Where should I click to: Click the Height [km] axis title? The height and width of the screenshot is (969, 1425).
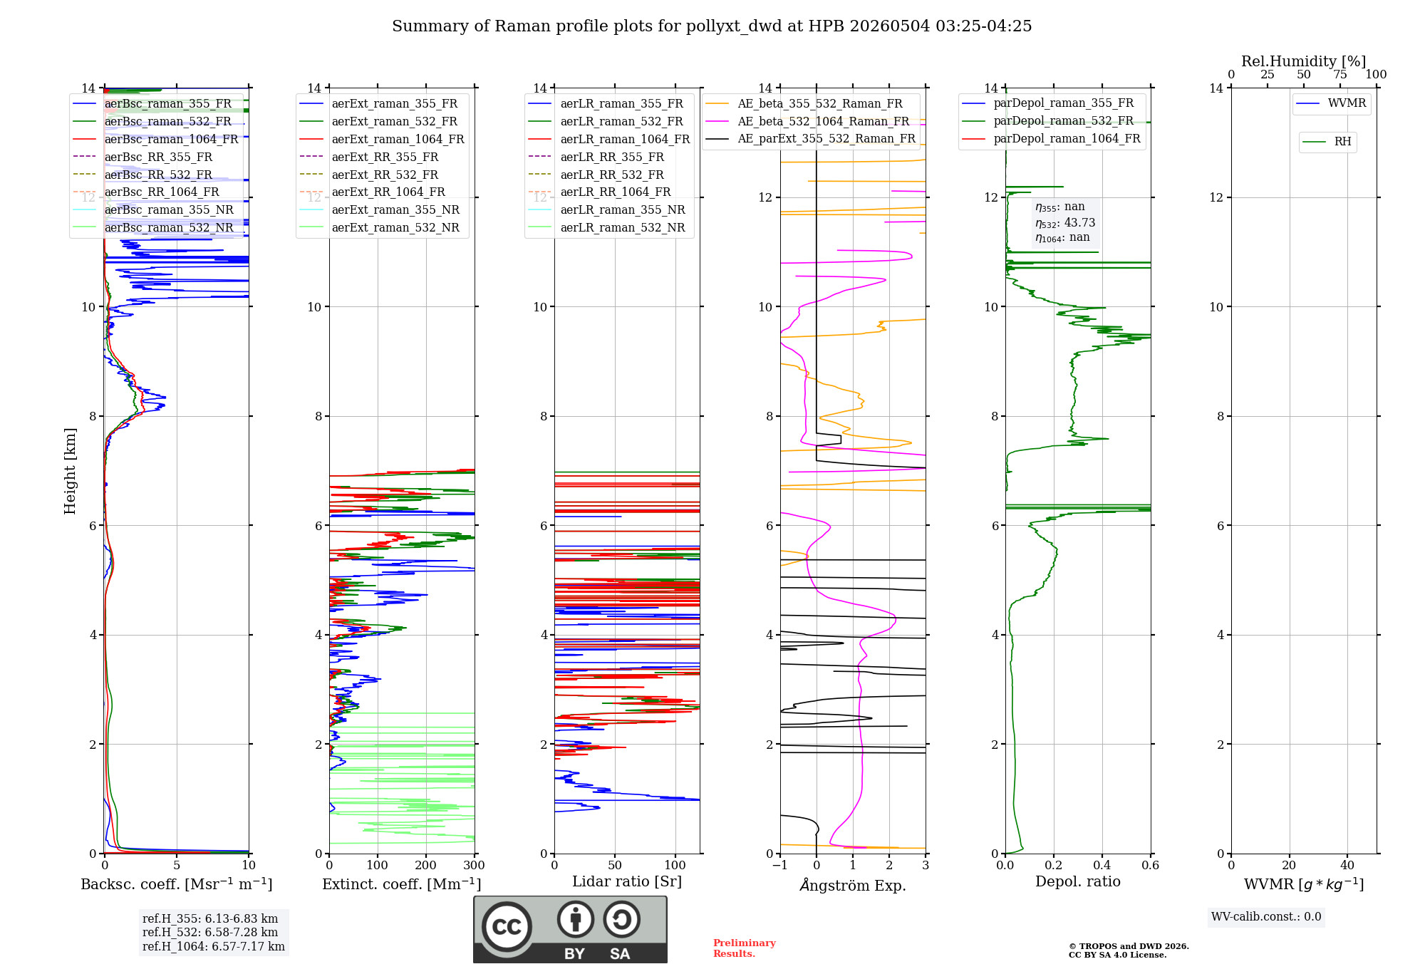[x=70, y=471]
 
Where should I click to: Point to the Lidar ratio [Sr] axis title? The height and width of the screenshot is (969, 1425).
[x=627, y=881]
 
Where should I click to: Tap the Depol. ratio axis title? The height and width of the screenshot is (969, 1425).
[x=1078, y=881]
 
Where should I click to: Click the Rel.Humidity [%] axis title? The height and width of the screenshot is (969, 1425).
[x=1304, y=61]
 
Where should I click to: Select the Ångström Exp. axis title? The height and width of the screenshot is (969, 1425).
[x=853, y=885]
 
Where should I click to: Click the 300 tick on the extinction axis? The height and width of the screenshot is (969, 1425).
[x=474, y=865]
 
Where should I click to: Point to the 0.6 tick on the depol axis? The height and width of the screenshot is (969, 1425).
[x=1151, y=865]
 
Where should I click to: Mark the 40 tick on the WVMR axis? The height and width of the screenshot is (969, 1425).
[x=1347, y=865]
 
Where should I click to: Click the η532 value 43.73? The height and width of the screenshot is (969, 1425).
[x=1079, y=223]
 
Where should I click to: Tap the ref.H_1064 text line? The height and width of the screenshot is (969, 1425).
[x=214, y=947]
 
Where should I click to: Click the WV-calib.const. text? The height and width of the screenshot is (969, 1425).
[x=1266, y=917]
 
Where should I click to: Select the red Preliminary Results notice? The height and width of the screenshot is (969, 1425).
[x=745, y=948]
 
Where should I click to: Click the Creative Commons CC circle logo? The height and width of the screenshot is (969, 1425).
[x=507, y=926]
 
